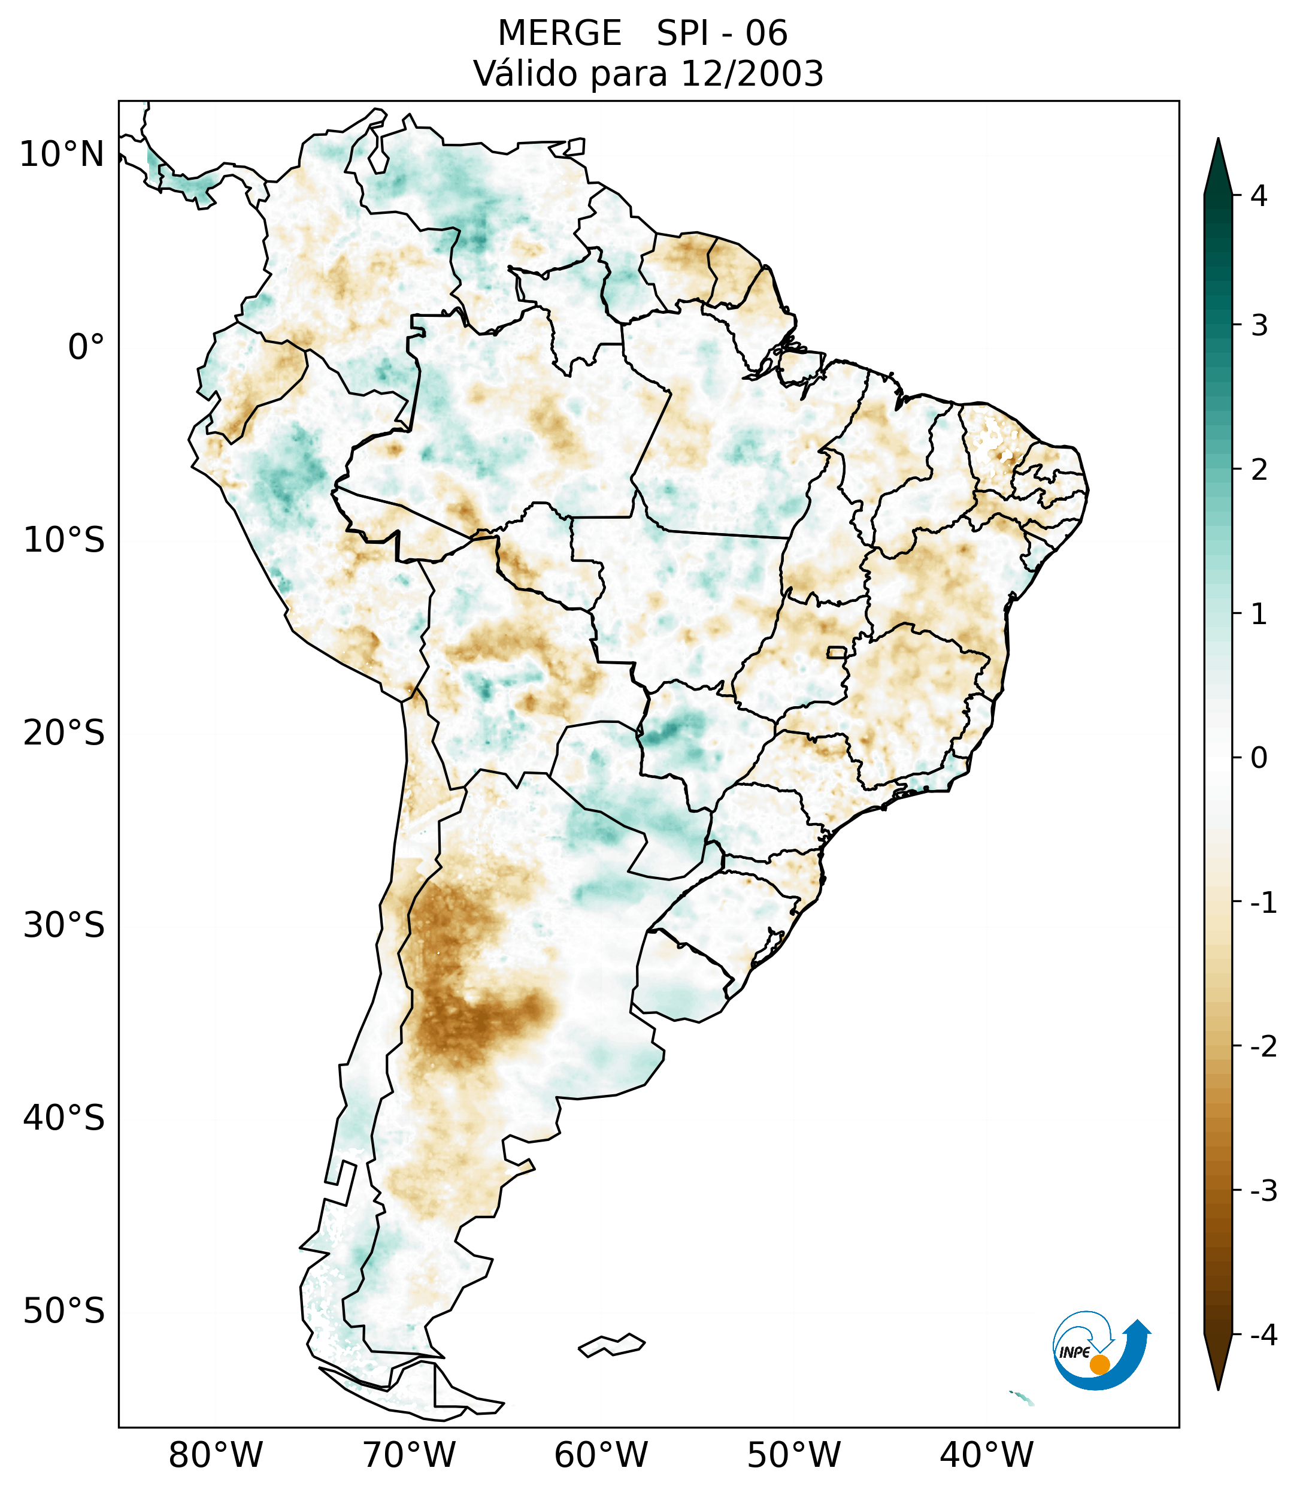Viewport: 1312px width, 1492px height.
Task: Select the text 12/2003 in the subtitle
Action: [x=752, y=74]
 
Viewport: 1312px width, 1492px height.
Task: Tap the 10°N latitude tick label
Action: [x=62, y=155]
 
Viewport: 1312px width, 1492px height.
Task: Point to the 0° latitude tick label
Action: [x=86, y=347]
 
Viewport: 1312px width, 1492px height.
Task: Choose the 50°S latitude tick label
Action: [x=64, y=1311]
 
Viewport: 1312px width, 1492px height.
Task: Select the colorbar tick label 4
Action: [x=1259, y=196]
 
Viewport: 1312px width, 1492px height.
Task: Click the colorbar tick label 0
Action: [x=1259, y=758]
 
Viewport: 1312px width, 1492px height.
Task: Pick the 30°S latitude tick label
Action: [x=64, y=925]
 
